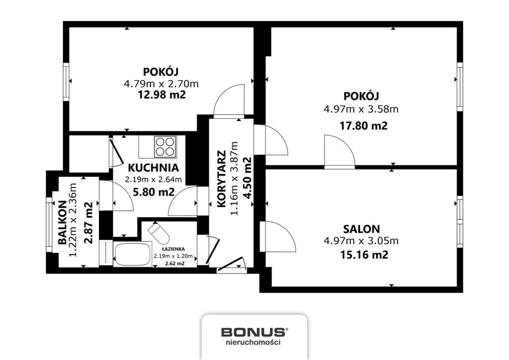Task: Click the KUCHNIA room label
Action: point(153,168)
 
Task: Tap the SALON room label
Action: point(361,229)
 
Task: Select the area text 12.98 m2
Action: point(162,94)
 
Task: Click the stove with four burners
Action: point(165,146)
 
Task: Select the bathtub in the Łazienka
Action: point(132,254)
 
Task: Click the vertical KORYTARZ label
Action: point(221,179)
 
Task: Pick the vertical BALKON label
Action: point(63,222)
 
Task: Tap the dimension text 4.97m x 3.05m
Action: point(361,242)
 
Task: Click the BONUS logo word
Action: point(253,332)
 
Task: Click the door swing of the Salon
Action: point(278,237)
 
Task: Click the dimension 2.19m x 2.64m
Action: point(153,180)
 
